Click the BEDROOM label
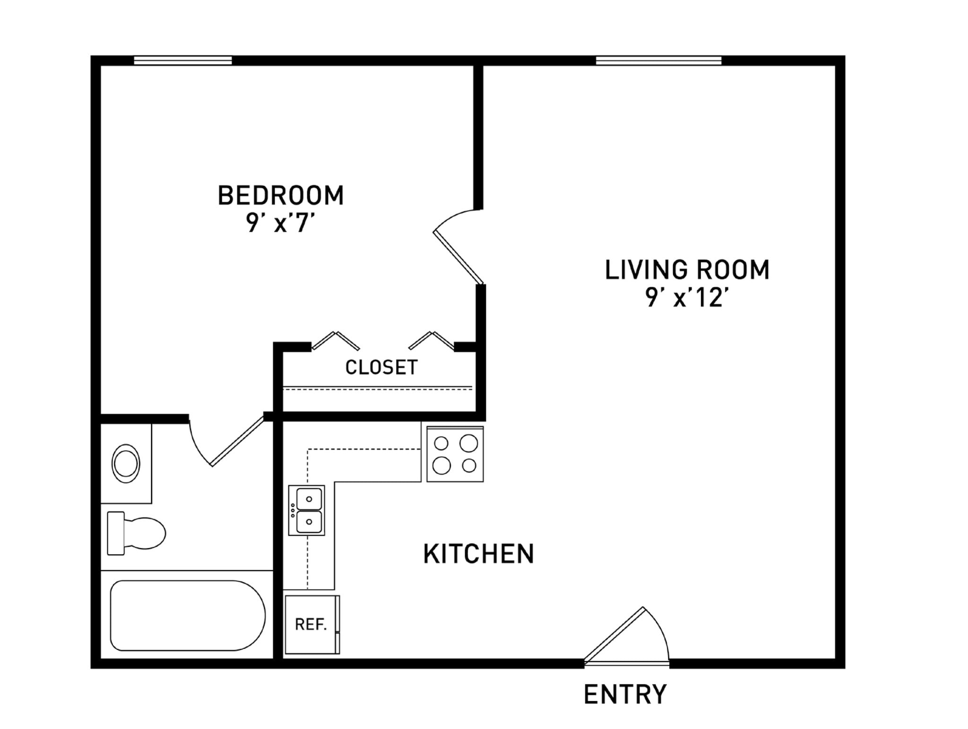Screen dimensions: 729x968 [x=280, y=196]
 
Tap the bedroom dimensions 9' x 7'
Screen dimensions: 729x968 [x=280, y=223]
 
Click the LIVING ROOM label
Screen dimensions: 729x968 [x=687, y=270]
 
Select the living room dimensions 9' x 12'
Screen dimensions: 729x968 [x=687, y=298]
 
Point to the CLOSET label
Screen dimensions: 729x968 [x=381, y=367]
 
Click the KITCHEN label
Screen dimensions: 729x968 [x=478, y=554]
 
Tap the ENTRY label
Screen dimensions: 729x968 [x=625, y=694]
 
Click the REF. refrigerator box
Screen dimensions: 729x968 [x=311, y=625]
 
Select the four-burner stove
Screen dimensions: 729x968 [x=455, y=454]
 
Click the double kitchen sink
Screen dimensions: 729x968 [x=307, y=510]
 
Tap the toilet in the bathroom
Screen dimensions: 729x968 [x=136, y=533]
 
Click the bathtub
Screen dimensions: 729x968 [x=188, y=616]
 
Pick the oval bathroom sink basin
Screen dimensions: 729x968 [x=126, y=463]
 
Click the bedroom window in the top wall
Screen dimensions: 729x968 [x=183, y=61]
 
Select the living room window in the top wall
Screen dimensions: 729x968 [x=658, y=61]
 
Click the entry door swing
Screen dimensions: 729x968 [x=626, y=636]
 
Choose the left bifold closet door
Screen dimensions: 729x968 [x=336, y=340]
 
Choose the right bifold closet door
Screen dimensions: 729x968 [x=431, y=340]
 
